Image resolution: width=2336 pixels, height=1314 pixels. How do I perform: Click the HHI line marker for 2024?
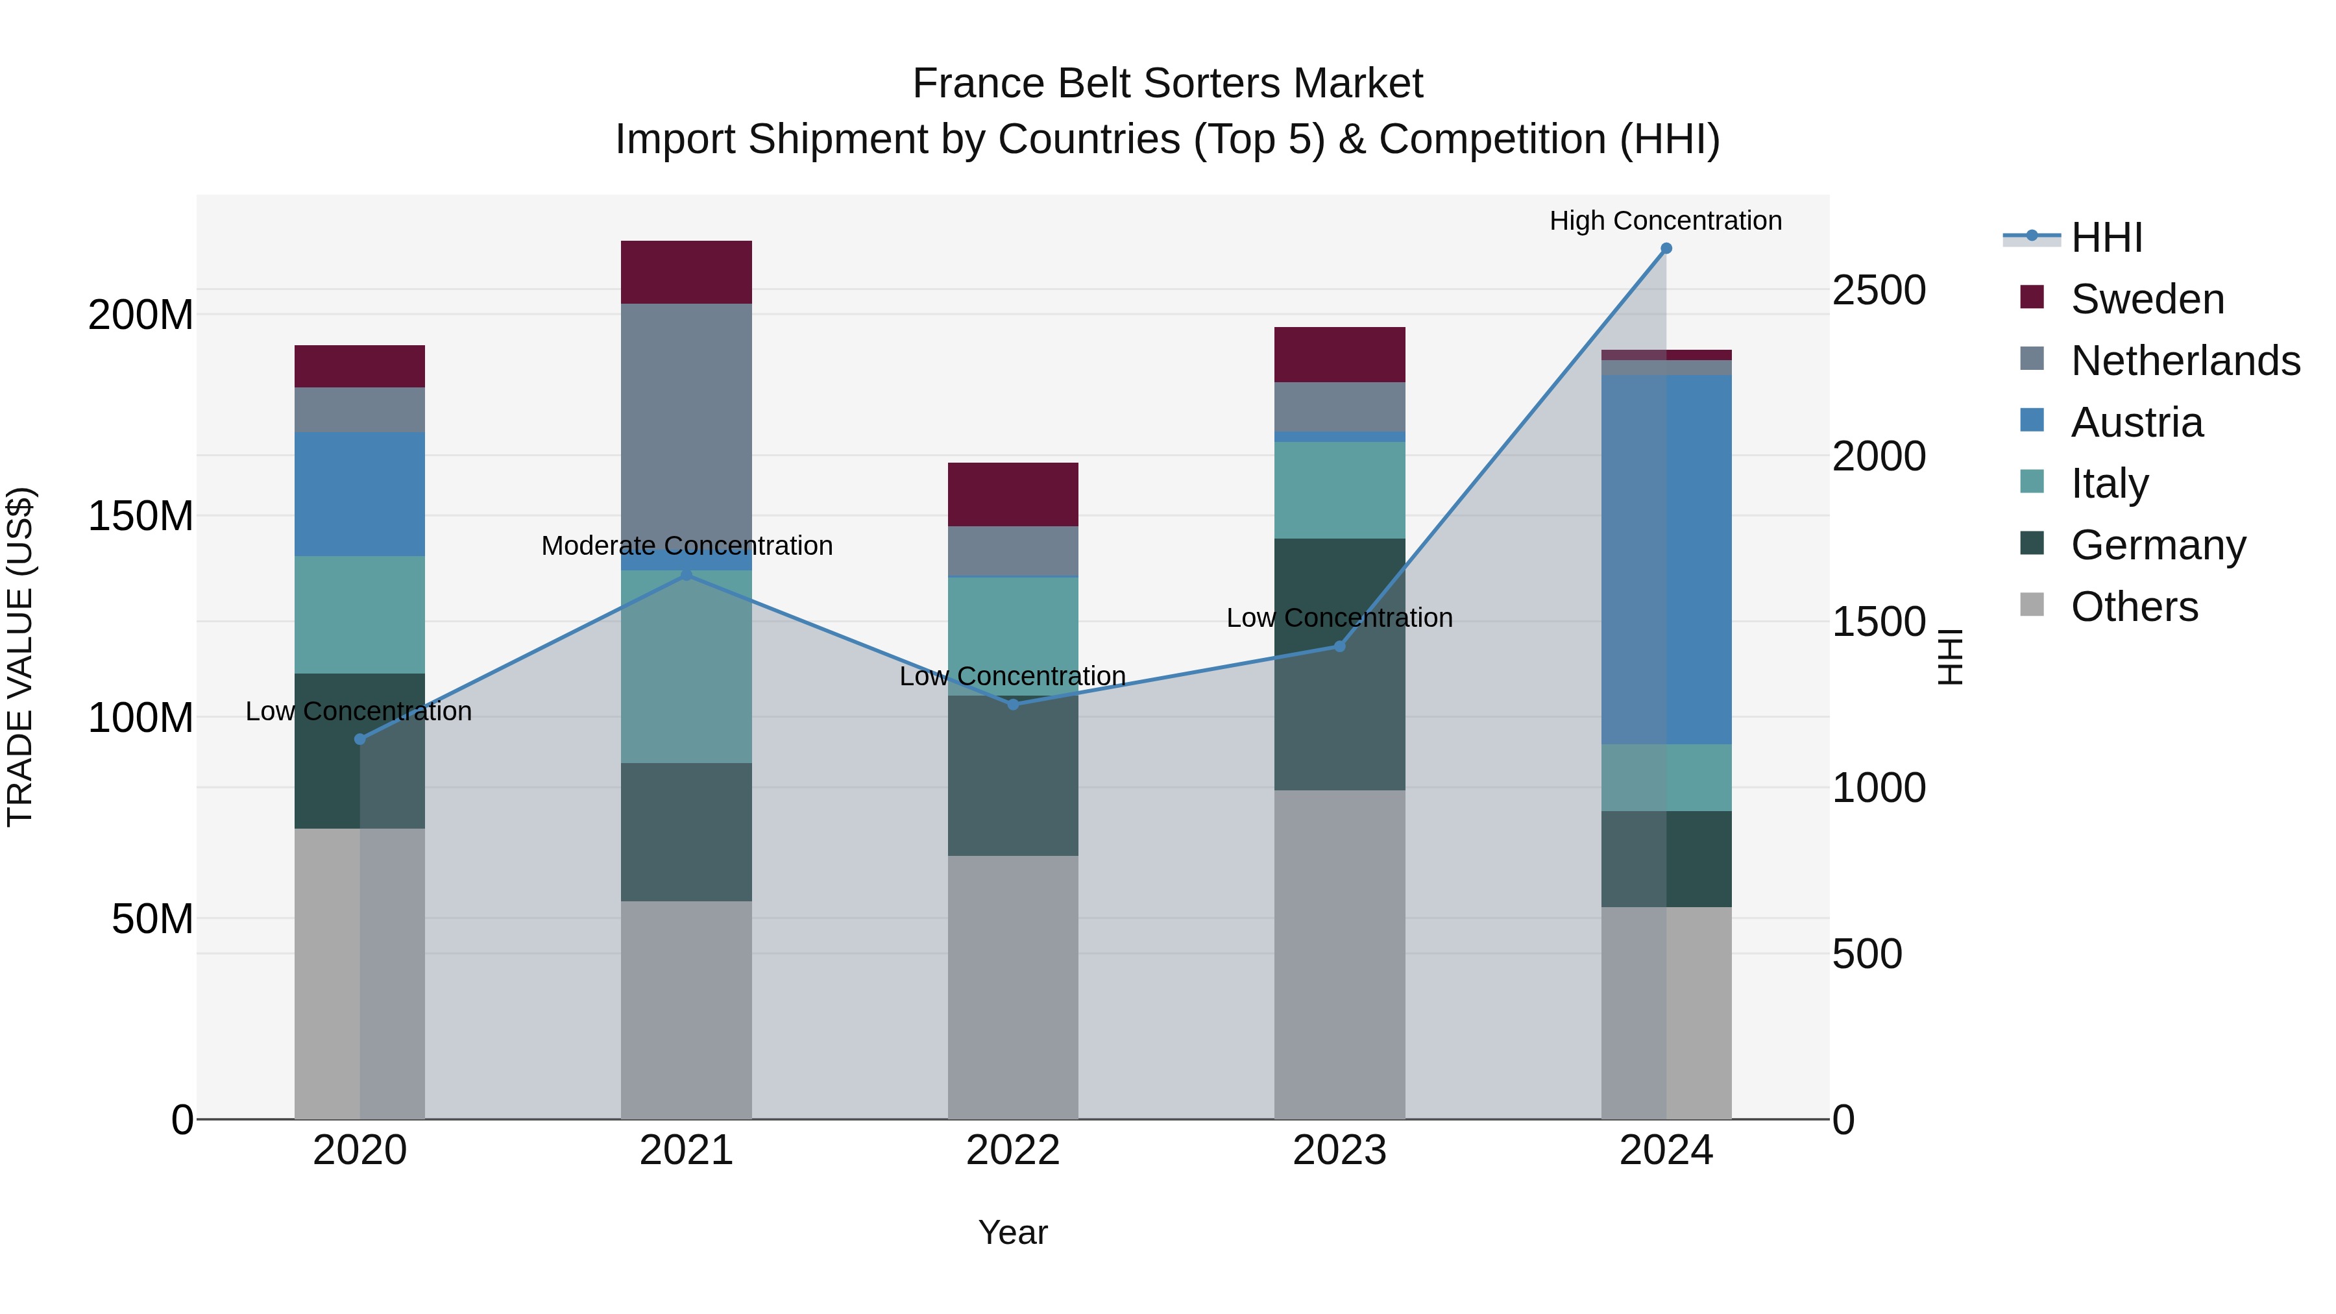[x=1666, y=249]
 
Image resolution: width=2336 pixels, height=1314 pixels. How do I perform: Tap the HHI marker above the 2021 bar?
[x=687, y=574]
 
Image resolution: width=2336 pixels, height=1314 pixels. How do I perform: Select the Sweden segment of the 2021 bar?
[x=687, y=272]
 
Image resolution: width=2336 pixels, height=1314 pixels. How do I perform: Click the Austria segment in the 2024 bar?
[x=1666, y=559]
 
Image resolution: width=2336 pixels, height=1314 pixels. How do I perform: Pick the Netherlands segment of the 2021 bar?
[x=687, y=426]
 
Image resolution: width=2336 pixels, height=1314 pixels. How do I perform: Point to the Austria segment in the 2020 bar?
[x=360, y=494]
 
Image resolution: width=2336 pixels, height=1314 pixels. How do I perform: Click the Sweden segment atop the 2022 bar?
[x=1013, y=494]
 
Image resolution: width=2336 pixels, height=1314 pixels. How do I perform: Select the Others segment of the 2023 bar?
[x=1339, y=954]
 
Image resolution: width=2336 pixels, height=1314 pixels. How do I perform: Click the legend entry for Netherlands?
[x=2185, y=361]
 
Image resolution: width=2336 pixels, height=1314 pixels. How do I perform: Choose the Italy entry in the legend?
[x=2110, y=483]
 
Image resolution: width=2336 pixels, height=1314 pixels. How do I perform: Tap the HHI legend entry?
[x=2106, y=237]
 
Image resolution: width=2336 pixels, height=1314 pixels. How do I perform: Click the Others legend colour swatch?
[x=2032, y=605]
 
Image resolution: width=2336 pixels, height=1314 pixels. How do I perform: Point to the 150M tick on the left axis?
[x=141, y=516]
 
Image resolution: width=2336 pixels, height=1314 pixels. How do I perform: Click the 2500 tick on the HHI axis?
[x=1878, y=290]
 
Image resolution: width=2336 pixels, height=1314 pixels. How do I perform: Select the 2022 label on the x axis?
[x=1013, y=1150]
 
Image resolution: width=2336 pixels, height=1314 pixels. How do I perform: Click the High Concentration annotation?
[x=1665, y=221]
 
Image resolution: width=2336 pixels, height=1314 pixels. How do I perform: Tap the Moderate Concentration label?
[x=687, y=546]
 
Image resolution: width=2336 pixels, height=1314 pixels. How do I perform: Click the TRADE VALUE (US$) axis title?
[x=20, y=657]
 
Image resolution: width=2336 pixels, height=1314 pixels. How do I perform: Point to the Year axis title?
[x=1013, y=1232]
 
